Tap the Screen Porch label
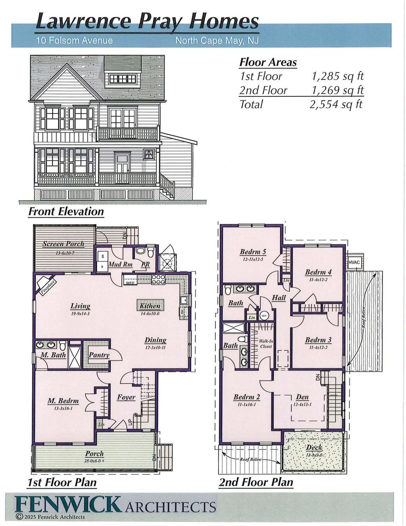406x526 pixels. tap(63, 244)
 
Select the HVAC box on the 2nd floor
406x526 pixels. tap(354, 263)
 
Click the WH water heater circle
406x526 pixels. tap(264, 316)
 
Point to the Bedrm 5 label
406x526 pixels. tap(253, 252)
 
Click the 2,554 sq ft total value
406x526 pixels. tap(336, 104)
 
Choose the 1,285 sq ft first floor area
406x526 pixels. tap(337, 76)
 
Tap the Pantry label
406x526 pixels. tap(99, 355)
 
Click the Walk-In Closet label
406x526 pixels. tap(266, 344)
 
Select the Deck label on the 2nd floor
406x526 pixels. tap(314, 447)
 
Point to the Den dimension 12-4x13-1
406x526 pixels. tap(302, 405)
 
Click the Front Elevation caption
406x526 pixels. tap(66, 211)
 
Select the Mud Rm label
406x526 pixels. tap(120, 264)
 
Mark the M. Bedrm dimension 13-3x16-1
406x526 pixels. tap(63, 408)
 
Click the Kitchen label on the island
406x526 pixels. tap(150, 306)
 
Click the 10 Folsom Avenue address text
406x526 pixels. tap(74, 40)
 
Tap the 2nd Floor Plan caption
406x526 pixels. tap(256, 482)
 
